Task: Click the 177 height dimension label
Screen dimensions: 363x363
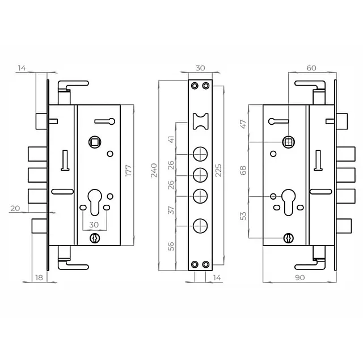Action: (129, 170)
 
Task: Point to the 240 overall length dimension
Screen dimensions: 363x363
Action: (154, 170)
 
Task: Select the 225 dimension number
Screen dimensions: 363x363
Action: (218, 170)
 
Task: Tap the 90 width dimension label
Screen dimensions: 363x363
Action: (300, 277)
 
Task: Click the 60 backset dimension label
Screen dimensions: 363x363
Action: (311, 68)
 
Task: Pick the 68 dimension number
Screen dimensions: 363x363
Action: (243, 170)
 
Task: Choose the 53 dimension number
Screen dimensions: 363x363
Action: (243, 216)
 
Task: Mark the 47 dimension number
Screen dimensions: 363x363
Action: (243, 124)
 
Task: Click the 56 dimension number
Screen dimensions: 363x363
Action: (171, 246)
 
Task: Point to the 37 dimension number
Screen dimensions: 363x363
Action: (171, 210)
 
